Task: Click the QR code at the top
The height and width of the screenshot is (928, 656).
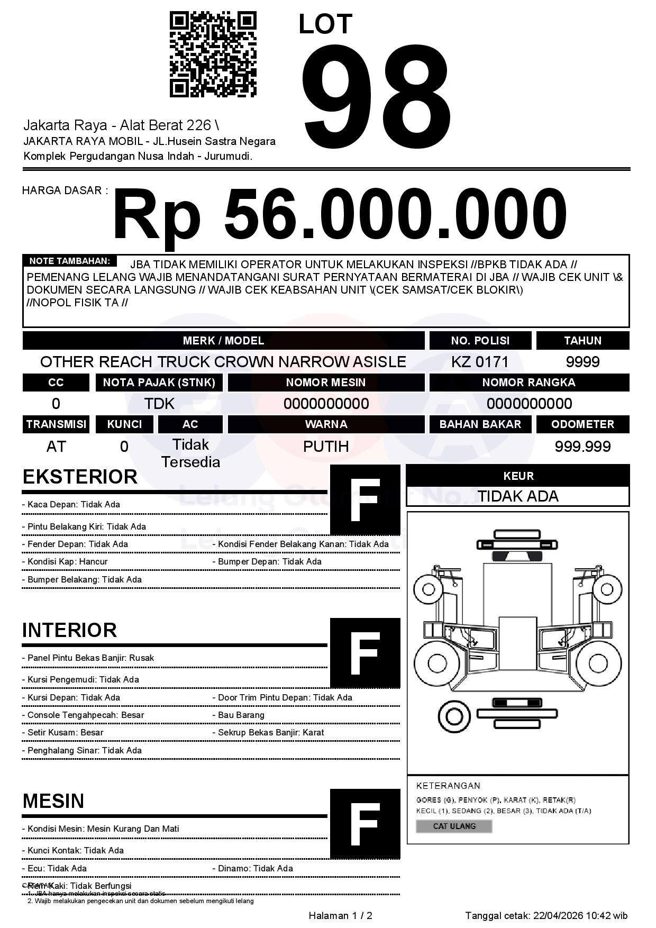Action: [x=213, y=55]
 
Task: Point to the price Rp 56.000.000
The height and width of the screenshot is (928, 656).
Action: [x=339, y=216]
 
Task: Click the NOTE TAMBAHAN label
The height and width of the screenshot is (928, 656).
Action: [x=69, y=261]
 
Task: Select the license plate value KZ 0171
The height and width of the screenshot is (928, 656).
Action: [x=480, y=362]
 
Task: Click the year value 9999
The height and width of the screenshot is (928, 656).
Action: [x=582, y=362]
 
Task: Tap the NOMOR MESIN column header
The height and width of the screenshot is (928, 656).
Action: [x=326, y=382]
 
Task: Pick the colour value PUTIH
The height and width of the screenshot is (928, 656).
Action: [x=326, y=447]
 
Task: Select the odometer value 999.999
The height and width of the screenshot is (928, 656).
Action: [x=582, y=447]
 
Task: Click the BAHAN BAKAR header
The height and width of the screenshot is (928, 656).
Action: [x=480, y=424]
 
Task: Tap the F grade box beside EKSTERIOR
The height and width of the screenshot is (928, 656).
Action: [x=365, y=499]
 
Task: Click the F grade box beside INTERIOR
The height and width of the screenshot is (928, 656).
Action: [x=365, y=653]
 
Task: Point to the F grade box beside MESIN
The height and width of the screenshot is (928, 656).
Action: [x=365, y=824]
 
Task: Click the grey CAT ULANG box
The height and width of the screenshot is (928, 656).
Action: [x=454, y=826]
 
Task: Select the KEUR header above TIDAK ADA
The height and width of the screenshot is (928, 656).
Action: [x=518, y=476]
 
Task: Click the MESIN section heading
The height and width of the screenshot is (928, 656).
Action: [x=53, y=801]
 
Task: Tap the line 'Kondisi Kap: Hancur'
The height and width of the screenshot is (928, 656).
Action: [x=68, y=561]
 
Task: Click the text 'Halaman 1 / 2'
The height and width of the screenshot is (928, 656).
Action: [x=340, y=915]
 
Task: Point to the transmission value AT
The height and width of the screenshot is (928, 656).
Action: [x=56, y=447]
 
